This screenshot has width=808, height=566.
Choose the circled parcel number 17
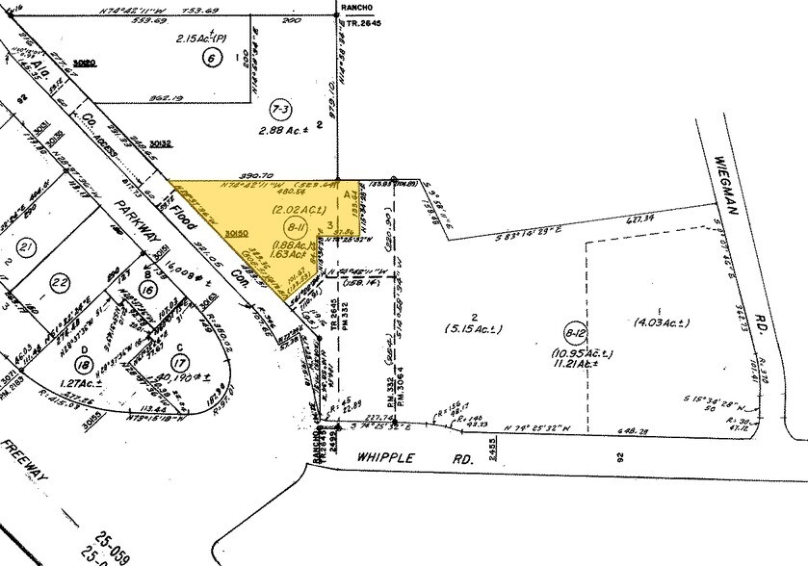(178, 363)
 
